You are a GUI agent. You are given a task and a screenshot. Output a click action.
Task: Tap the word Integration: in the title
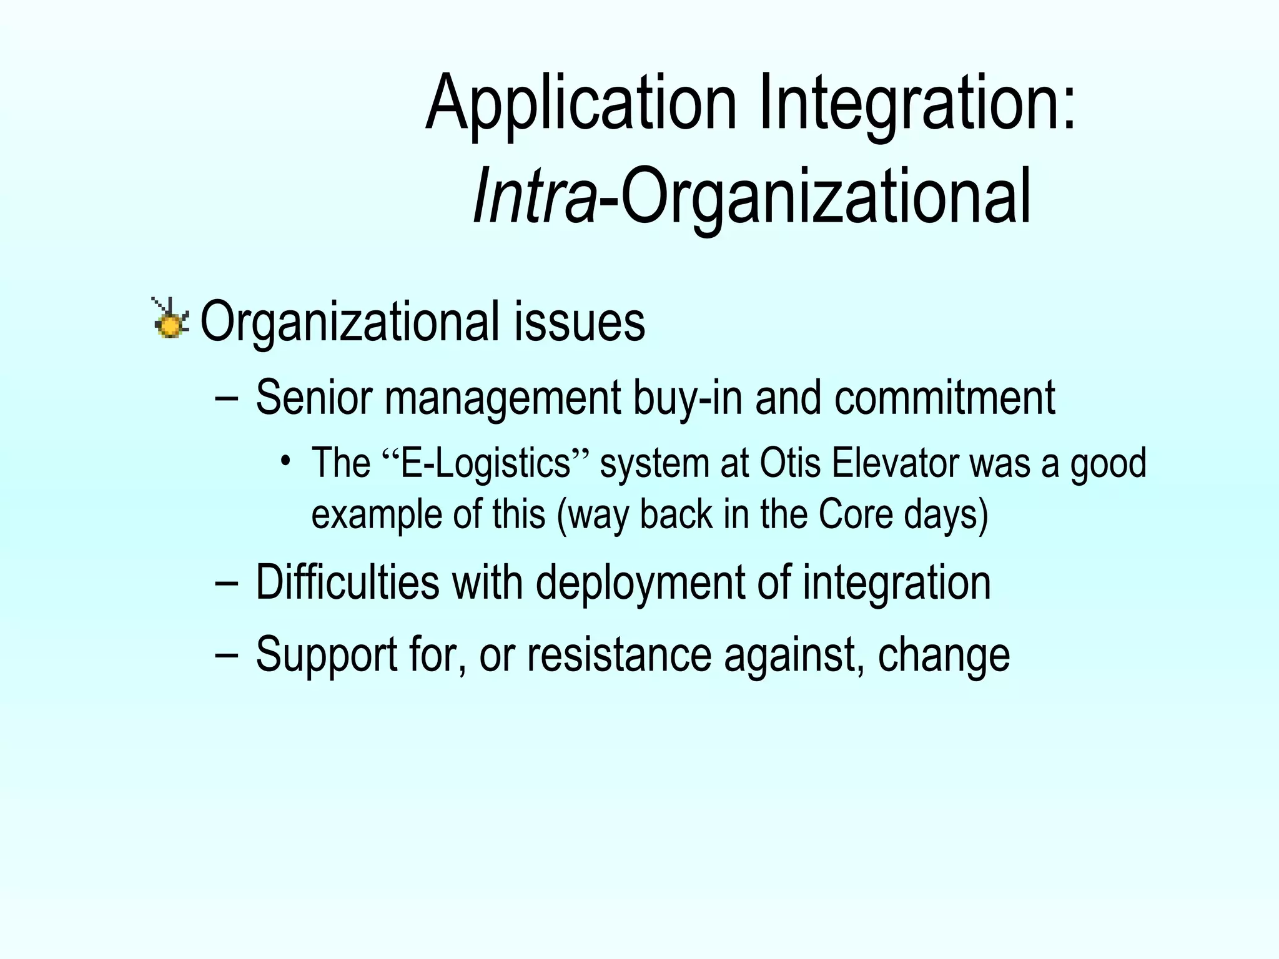point(917,103)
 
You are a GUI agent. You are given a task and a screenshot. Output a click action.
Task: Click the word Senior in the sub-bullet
point(314,398)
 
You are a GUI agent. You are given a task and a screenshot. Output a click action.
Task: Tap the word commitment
point(944,398)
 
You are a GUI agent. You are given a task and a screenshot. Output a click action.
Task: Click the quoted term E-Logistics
point(486,463)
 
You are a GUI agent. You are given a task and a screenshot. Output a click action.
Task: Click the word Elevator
point(895,463)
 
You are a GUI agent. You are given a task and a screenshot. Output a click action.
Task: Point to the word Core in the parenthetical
point(855,514)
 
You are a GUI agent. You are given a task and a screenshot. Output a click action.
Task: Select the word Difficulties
point(347,582)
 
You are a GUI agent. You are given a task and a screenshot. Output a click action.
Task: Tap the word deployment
point(639,582)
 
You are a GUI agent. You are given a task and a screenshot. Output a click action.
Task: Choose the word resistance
point(619,654)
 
